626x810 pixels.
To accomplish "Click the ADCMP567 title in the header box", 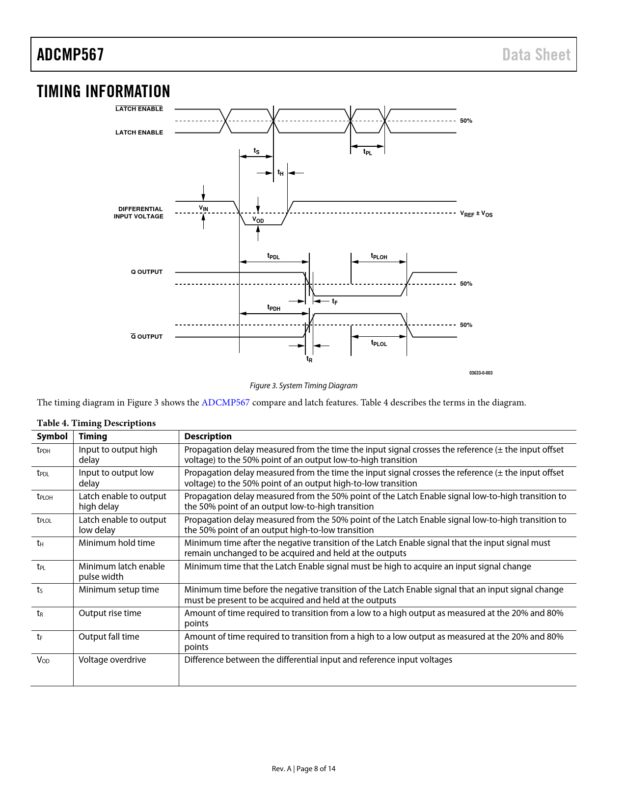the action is tap(70, 54).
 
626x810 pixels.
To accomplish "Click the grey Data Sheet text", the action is tap(536, 55).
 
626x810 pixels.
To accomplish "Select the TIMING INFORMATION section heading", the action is tap(103, 91).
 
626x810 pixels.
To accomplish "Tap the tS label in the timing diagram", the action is tap(256, 151).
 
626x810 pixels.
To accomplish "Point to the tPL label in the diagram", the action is tap(368, 152).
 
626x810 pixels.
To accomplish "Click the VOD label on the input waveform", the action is tap(258, 219).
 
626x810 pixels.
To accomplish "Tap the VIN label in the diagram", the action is tap(204, 208).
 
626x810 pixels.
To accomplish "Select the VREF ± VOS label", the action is tap(476, 214).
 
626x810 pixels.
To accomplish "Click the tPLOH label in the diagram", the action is tap(379, 256).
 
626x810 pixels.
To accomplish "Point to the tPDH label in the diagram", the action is tap(273, 307).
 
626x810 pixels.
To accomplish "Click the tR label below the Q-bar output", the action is tap(309, 359).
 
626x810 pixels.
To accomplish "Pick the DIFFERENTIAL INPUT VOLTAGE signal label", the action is tap(138, 213).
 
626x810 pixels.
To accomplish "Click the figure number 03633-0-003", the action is tap(481, 373).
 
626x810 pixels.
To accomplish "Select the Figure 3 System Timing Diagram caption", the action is tap(303, 386).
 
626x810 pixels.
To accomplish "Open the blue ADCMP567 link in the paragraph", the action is tap(225, 403).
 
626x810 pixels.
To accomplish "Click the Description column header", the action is tap(208, 436).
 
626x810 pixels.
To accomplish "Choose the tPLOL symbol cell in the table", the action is tap(44, 519).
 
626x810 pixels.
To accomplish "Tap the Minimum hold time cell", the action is tap(117, 543).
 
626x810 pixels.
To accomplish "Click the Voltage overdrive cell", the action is tap(112, 660).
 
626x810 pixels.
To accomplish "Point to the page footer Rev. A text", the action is tap(281, 769).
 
